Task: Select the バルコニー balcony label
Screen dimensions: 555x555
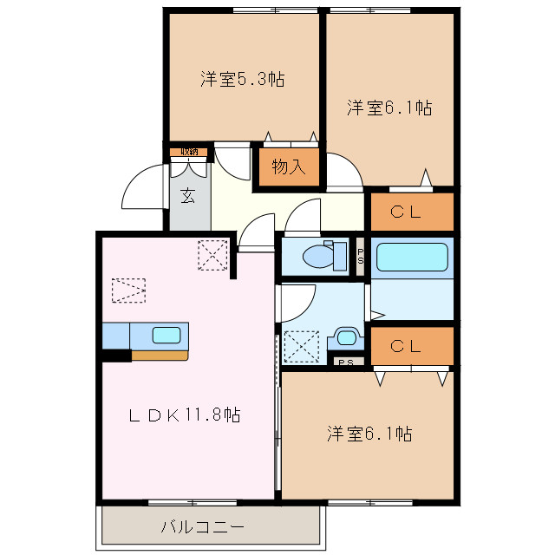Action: [203, 526]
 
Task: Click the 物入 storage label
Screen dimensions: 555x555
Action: [288, 167]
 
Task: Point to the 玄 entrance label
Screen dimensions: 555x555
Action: [188, 195]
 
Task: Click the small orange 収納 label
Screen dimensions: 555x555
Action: [189, 152]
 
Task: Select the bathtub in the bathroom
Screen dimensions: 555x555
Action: [412, 257]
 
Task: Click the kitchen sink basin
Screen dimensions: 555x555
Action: [167, 335]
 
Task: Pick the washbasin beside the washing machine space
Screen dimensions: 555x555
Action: [349, 338]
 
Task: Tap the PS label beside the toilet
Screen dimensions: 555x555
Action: [361, 257]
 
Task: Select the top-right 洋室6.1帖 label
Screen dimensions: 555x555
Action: [389, 108]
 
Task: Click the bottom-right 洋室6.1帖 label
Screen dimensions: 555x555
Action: [369, 433]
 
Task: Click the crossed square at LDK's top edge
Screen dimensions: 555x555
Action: [211, 255]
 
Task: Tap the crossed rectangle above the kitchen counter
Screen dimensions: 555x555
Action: [128, 290]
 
